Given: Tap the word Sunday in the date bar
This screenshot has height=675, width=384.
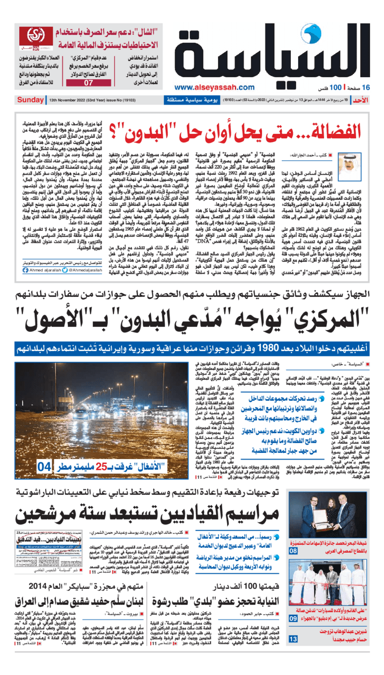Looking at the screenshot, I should (x=30, y=100).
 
